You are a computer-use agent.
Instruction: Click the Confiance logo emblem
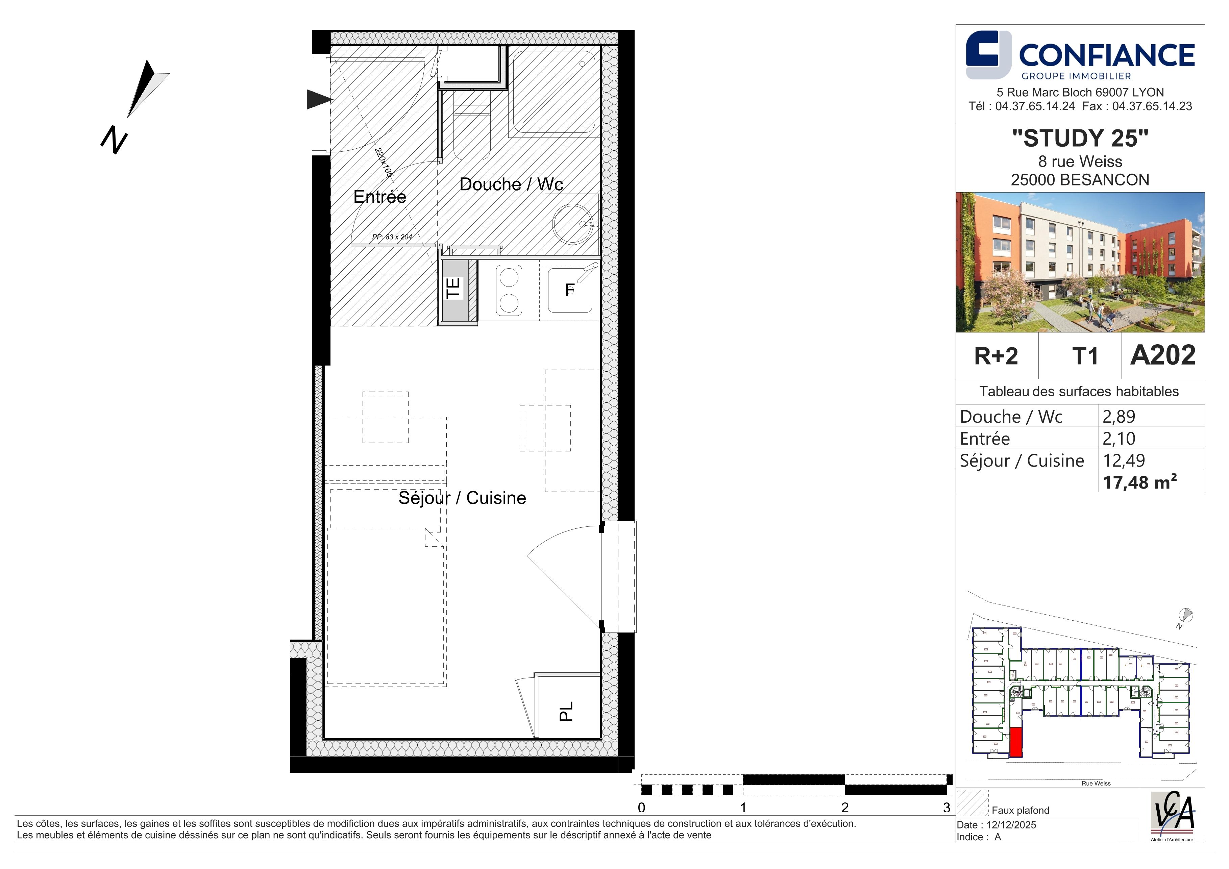988,55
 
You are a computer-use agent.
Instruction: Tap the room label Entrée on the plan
379,197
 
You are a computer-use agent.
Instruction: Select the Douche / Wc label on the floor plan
511,184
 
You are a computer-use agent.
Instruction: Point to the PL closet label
566,711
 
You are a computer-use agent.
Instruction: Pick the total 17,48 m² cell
1139,482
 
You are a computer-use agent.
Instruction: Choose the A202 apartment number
1163,355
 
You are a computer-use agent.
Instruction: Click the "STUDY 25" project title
1080,138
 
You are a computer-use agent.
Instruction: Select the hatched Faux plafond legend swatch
972,803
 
